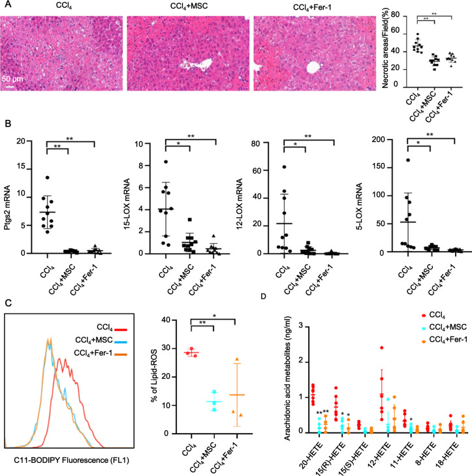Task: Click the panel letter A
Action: [x=5, y=5]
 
